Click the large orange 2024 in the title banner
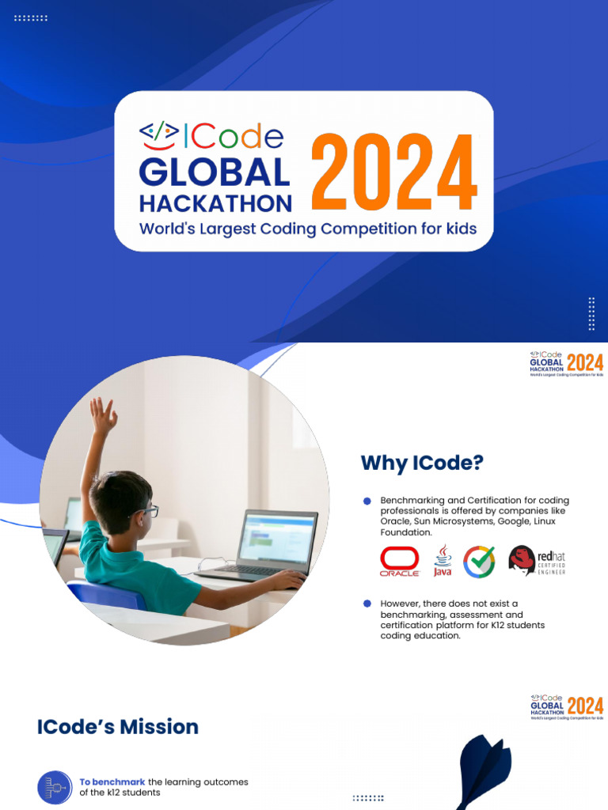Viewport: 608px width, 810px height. [393, 172]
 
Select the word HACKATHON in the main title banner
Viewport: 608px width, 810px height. [215, 202]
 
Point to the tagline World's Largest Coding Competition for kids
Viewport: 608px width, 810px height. [308, 229]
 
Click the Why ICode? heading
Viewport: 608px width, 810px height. [421, 463]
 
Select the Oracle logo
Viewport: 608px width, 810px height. [399, 561]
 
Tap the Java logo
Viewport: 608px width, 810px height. [443, 561]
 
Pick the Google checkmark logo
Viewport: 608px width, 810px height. [479, 561]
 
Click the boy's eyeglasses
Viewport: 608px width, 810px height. [146, 512]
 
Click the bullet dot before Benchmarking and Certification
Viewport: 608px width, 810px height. [367, 501]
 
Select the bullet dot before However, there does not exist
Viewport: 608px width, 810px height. [367, 604]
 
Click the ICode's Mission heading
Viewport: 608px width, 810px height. [117, 726]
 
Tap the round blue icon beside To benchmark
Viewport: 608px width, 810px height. [55, 787]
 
